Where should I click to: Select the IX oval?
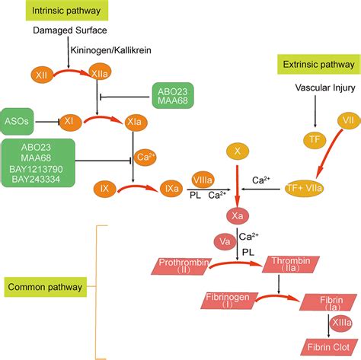tap(106, 187)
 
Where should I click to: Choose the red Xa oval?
tap(238, 217)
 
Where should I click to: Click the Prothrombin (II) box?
tap(184, 266)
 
